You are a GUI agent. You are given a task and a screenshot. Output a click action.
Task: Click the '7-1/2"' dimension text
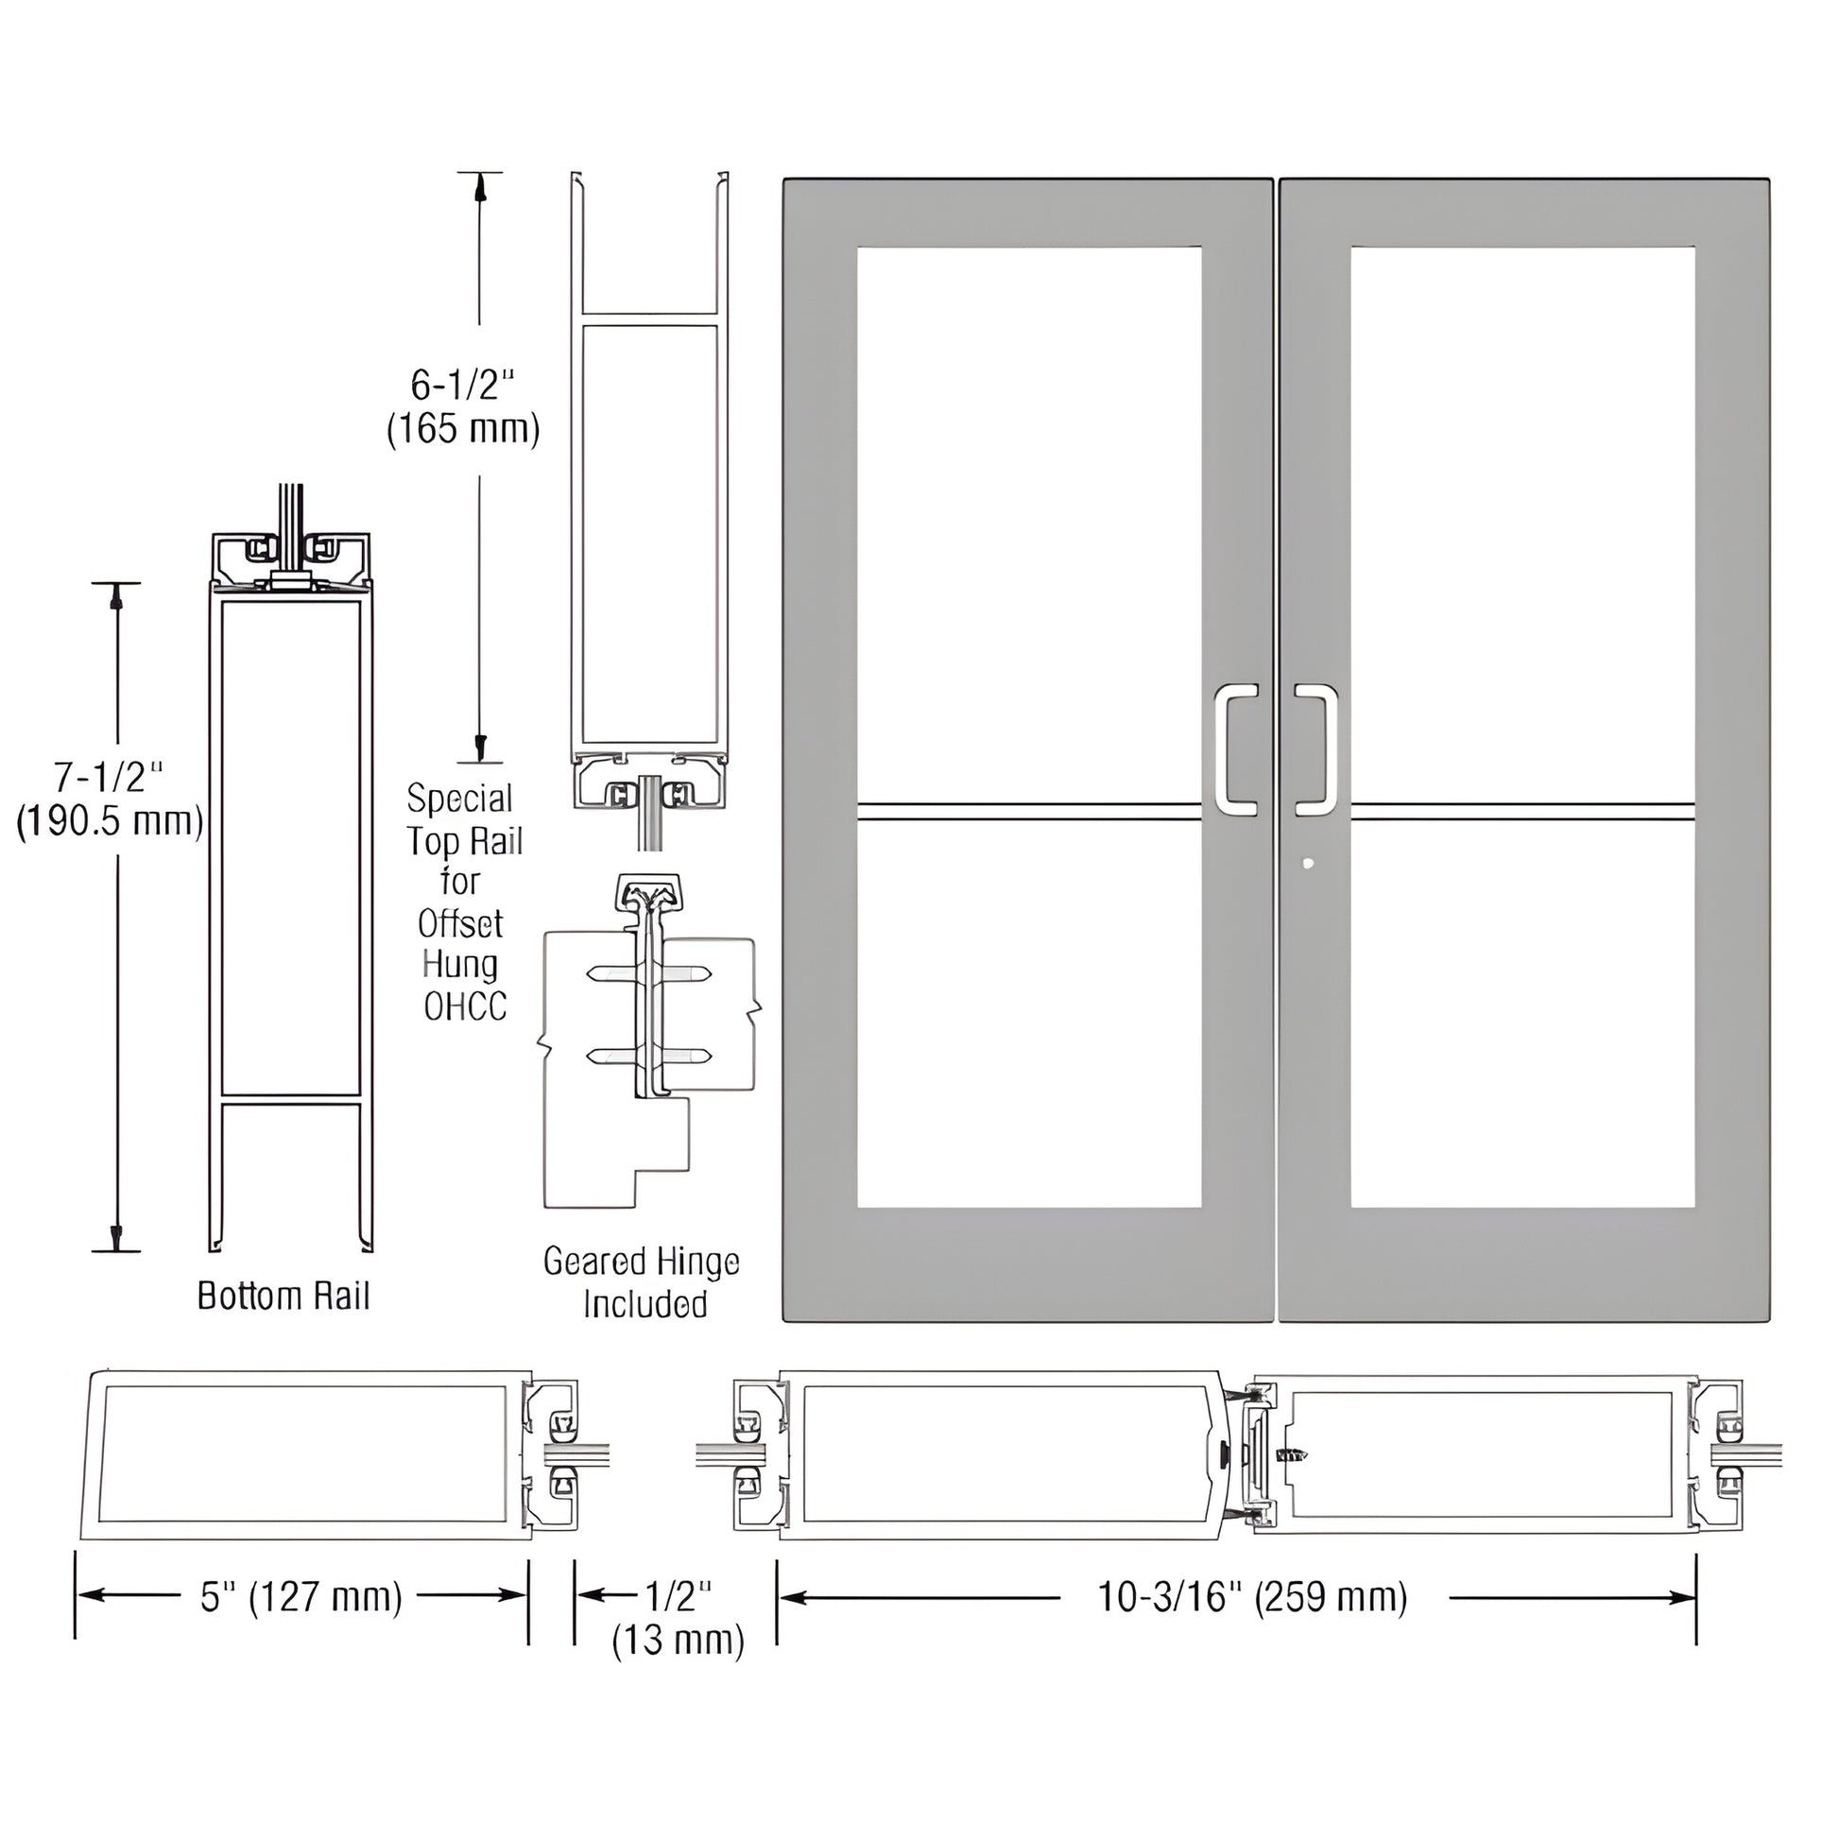[109, 778]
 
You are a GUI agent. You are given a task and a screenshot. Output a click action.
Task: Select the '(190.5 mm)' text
[111, 821]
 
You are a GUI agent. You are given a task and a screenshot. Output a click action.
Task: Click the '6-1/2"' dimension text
[463, 385]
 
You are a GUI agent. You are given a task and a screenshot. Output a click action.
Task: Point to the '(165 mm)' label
[463, 429]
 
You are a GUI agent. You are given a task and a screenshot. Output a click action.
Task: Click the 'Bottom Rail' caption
[283, 1297]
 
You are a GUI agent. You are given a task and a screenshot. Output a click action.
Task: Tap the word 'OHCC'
[465, 1006]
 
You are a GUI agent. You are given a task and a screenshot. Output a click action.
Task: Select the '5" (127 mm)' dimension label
[301, 1596]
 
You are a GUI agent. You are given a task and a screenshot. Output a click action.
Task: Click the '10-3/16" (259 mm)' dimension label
[1253, 1596]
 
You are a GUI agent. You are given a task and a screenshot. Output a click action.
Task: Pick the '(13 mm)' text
[678, 1640]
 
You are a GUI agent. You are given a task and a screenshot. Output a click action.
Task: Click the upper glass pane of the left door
[1029, 524]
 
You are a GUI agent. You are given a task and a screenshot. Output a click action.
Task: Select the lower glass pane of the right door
[1522, 1014]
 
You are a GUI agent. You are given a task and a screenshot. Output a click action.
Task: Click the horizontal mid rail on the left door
[1029, 811]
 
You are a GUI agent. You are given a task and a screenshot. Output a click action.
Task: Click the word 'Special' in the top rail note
[459, 798]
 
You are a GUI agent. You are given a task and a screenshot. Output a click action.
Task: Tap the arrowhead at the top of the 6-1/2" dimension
[481, 187]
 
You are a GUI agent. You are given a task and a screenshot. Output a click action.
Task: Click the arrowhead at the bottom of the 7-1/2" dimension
[116, 1236]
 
